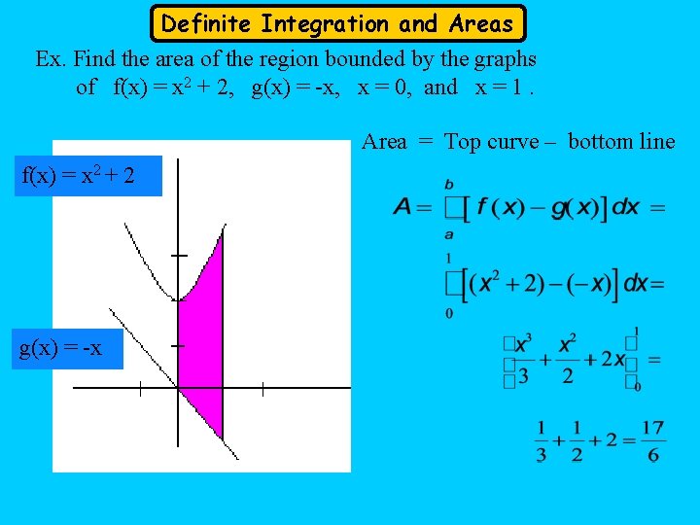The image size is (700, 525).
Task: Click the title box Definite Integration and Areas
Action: click(x=337, y=23)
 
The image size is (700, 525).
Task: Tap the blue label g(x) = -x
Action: click(x=61, y=348)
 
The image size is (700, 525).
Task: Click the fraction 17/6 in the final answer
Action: click(x=653, y=440)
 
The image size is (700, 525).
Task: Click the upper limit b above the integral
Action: click(x=448, y=183)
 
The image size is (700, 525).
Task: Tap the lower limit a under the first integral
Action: click(x=448, y=233)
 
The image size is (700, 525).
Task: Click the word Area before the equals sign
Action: click(x=384, y=142)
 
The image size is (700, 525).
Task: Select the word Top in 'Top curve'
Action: click(x=463, y=142)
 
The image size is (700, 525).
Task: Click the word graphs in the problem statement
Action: click(x=504, y=59)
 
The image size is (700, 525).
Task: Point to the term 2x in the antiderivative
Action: click(x=612, y=359)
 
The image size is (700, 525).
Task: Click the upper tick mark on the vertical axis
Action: click(x=178, y=255)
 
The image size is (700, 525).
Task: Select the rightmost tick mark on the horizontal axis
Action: click(x=262, y=388)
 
